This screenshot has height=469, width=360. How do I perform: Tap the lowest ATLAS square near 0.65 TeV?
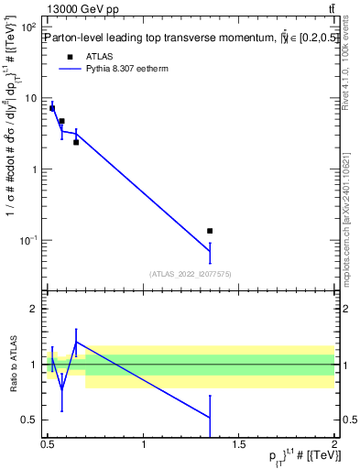76,142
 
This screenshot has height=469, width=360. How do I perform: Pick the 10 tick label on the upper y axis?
32,98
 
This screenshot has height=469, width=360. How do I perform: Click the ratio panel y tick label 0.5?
32,420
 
